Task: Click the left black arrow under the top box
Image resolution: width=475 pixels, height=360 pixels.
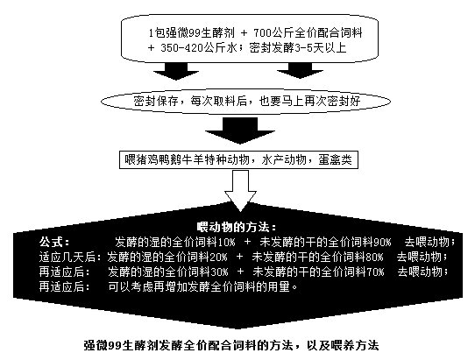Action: click(176, 71)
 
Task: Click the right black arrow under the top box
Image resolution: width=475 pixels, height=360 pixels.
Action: click(300, 71)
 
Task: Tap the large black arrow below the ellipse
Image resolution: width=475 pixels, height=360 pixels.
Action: click(240, 131)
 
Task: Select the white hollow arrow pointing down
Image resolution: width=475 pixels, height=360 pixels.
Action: click(240, 191)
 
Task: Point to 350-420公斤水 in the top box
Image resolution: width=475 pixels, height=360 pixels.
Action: click(198, 48)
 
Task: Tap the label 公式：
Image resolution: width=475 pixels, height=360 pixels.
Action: click(54, 243)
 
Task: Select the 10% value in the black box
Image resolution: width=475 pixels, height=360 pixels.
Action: click(226, 243)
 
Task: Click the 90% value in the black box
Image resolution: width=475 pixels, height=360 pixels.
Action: click(383, 243)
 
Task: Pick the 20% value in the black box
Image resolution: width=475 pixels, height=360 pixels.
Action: click(218, 257)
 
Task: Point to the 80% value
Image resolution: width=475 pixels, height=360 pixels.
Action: click(375, 257)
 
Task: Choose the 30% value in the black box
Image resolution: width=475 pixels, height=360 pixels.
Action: click(219, 272)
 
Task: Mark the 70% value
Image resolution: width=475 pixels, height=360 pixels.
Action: click(376, 272)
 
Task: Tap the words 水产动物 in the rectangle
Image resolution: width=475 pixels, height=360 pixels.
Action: click(284, 159)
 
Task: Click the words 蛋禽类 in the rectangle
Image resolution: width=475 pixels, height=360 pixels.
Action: click(336, 159)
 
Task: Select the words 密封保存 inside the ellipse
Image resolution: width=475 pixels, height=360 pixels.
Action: click(156, 101)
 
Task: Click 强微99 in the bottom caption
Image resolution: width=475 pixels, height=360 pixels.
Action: click(103, 345)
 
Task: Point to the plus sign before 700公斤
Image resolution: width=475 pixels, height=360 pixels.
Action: click(245, 33)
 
